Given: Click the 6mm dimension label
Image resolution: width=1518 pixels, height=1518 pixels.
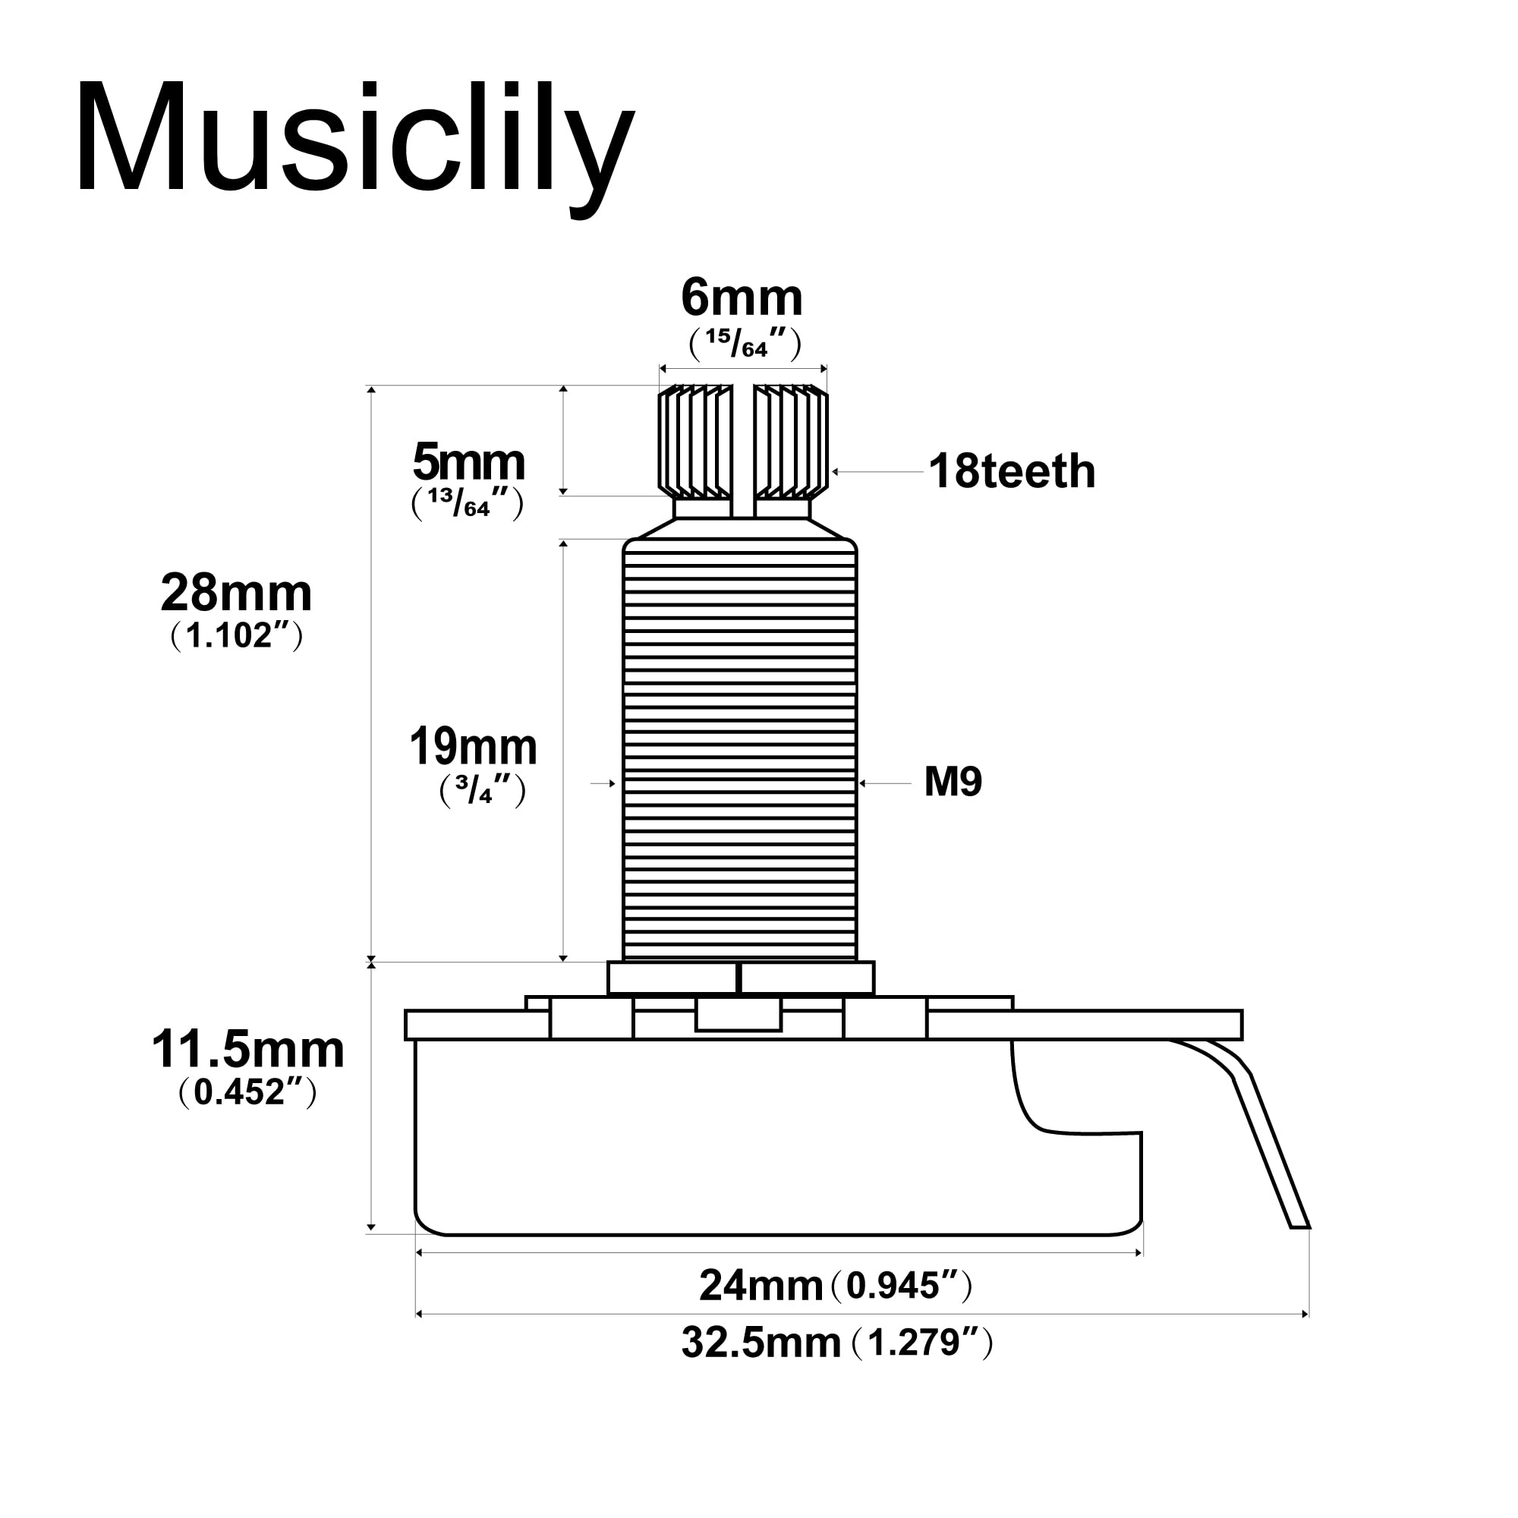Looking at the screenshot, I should (741, 298).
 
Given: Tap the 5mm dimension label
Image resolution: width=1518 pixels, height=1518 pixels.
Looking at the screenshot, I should (468, 463).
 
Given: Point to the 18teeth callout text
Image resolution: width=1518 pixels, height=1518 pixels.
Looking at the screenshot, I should (1011, 471).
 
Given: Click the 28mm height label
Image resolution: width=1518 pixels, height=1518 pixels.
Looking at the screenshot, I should (236, 594).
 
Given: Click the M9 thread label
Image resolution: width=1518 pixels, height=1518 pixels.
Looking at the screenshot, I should (953, 782).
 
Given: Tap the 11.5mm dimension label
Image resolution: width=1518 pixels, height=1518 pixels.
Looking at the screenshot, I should (247, 1050).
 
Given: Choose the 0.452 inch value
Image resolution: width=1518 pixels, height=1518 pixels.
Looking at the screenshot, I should (247, 1092).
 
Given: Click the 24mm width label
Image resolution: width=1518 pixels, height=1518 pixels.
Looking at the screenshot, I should (761, 1287).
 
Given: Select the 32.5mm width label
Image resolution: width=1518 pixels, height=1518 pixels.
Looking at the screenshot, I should (761, 1343).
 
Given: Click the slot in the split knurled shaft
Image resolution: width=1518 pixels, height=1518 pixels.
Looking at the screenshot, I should (743, 448).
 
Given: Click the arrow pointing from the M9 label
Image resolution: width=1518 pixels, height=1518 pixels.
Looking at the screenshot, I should (884, 783).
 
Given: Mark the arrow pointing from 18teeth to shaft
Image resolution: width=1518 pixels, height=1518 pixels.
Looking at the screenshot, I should (876, 472).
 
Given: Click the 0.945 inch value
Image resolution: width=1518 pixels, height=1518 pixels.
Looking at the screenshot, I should (898, 1287).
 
